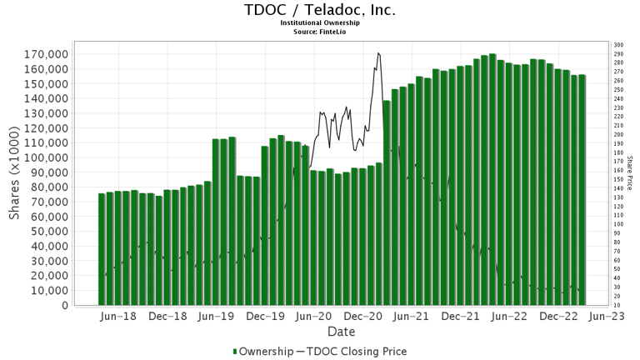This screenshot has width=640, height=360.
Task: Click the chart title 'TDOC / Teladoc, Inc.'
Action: (x=320, y=11)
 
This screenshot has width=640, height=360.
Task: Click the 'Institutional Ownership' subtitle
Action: (x=320, y=23)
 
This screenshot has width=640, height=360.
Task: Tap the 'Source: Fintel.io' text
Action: (x=320, y=32)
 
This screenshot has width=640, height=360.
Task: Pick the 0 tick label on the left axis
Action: (x=64, y=305)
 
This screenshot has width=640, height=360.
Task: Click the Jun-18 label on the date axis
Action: (x=119, y=317)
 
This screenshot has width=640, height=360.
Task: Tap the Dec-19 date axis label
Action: (x=266, y=317)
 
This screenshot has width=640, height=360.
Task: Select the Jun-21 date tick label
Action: (x=412, y=317)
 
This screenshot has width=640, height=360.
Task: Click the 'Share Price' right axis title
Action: (x=630, y=172)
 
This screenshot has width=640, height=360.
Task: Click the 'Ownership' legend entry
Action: (x=262, y=352)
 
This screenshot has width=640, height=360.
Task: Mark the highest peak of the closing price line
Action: (x=378, y=53)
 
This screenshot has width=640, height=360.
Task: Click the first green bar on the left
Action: (x=102, y=249)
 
